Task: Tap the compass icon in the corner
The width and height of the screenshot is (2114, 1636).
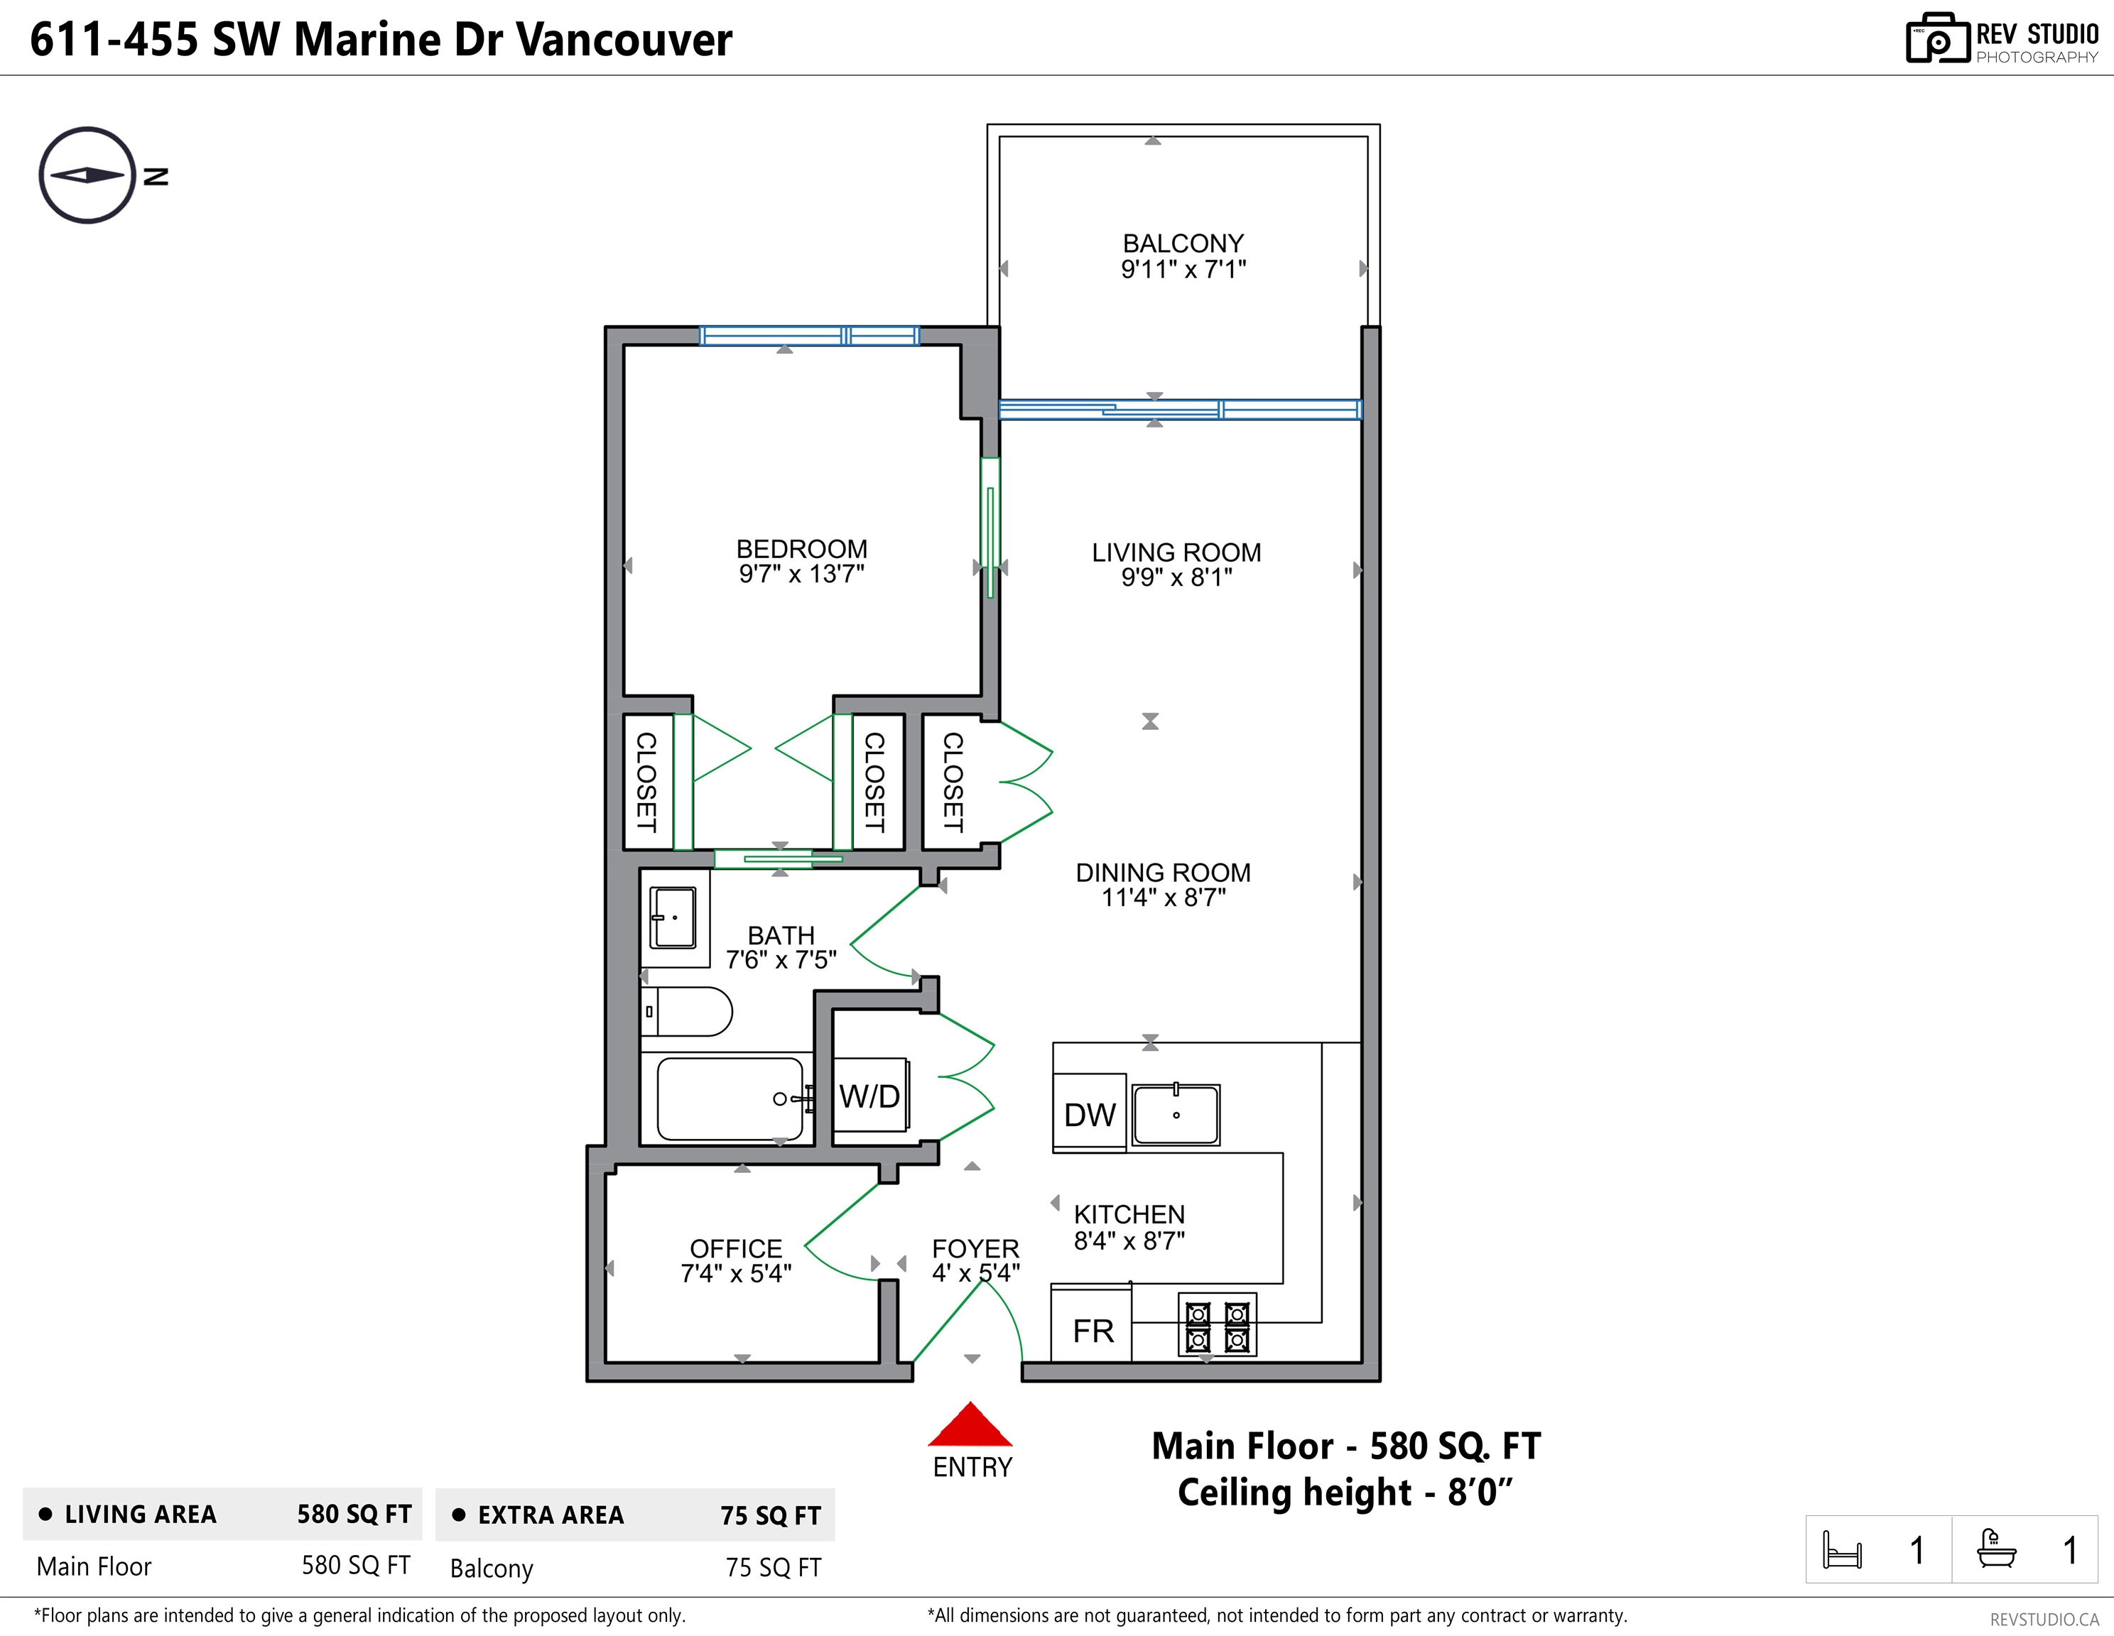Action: pos(87,175)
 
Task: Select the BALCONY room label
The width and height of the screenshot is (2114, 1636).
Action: pos(1183,243)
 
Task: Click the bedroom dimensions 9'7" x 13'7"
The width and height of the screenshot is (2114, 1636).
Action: pos(801,574)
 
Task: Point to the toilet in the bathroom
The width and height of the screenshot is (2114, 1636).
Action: pos(686,1012)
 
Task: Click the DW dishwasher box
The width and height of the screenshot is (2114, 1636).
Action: pos(1090,1113)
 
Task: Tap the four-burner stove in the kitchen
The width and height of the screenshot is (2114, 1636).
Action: pos(1218,1324)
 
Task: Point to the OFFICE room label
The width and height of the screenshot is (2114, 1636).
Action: pos(736,1248)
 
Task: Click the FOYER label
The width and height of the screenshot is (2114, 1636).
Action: pos(976,1248)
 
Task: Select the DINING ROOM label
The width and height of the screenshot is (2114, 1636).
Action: pos(1164,873)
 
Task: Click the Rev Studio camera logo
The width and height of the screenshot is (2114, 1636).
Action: pos(1938,39)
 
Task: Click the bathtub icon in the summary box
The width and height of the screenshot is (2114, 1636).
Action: pos(1996,1548)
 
